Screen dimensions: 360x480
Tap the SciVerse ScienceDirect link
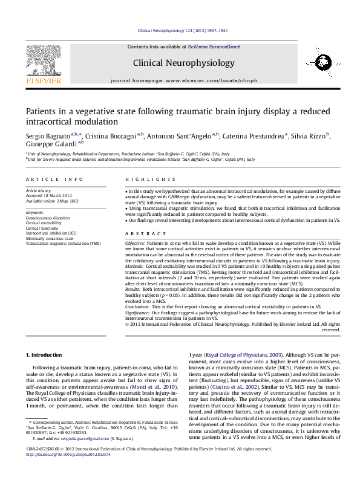(214, 47)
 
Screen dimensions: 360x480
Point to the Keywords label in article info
(35, 213)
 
